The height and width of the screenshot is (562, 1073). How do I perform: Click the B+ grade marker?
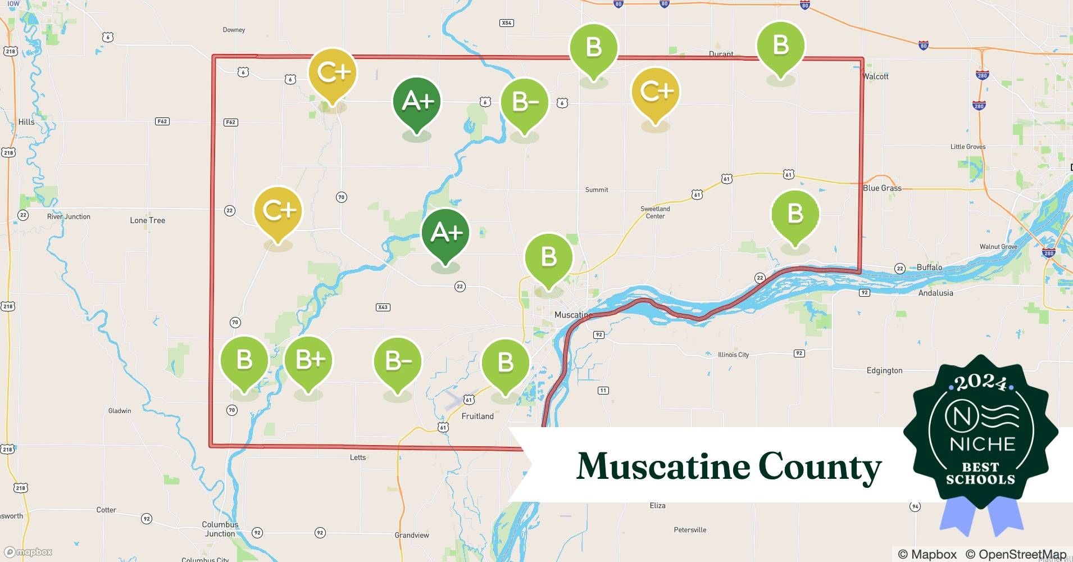tap(308, 360)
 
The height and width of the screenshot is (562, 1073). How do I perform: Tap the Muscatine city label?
tap(571, 315)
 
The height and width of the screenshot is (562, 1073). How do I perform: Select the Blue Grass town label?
tap(882, 188)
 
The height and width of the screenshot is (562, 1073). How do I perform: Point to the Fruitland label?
tap(478, 416)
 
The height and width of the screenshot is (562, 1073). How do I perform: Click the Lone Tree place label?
tap(147, 220)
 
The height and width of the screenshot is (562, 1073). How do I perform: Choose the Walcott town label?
tap(876, 76)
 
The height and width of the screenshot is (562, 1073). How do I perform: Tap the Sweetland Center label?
tap(655, 212)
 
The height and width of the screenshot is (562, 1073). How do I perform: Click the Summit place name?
tap(597, 190)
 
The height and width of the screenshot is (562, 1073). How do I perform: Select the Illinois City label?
tap(733, 355)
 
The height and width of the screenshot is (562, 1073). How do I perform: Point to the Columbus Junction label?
tap(220, 529)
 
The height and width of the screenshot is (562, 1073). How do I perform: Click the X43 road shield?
tap(383, 307)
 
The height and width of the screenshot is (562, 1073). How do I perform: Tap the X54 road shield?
tap(506, 23)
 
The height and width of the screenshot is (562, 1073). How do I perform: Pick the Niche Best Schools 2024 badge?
tap(981, 433)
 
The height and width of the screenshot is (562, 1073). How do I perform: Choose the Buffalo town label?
tap(929, 268)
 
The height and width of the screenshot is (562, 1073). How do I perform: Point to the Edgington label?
tap(884, 370)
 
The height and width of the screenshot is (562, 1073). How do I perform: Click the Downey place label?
tap(234, 30)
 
